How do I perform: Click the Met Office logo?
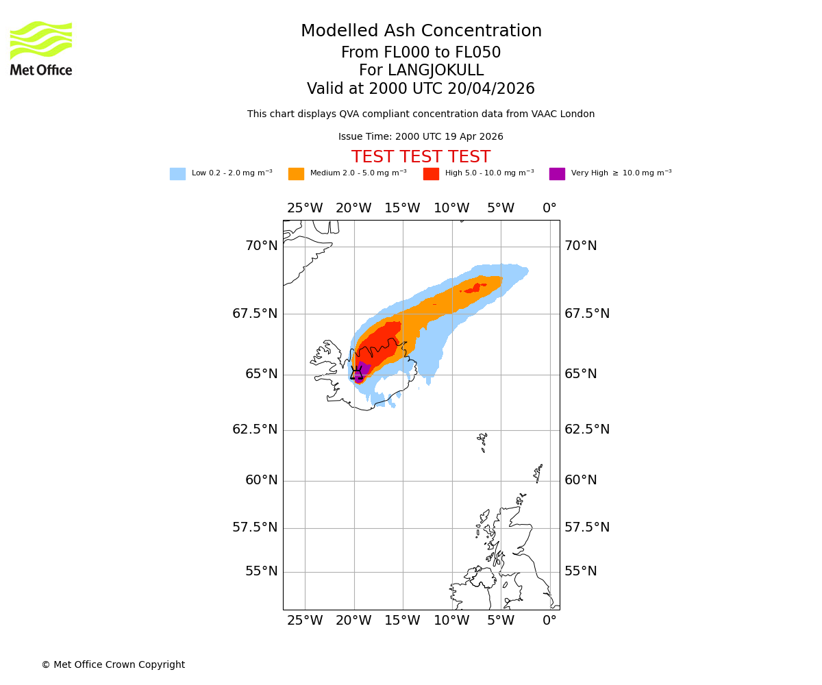click(x=41, y=48)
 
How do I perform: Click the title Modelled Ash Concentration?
click(x=421, y=32)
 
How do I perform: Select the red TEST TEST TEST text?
click(x=421, y=157)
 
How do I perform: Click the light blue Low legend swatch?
click(x=177, y=174)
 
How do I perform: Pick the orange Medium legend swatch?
click(x=296, y=174)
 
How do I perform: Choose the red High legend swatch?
click(x=431, y=174)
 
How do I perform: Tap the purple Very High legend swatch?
click(x=557, y=174)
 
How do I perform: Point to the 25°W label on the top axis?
click(x=304, y=208)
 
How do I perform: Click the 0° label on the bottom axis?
click(x=549, y=621)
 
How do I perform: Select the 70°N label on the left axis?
click(x=262, y=246)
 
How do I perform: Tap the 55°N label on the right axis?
click(x=580, y=571)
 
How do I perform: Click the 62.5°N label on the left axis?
click(x=255, y=429)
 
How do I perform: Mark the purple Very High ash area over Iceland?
click(x=362, y=370)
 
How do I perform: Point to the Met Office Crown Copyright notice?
click(x=113, y=664)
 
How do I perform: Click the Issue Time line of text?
click(x=421, y=137)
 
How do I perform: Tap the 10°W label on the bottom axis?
click(x=451, y=621)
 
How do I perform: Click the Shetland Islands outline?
click(x=538, y=473)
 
